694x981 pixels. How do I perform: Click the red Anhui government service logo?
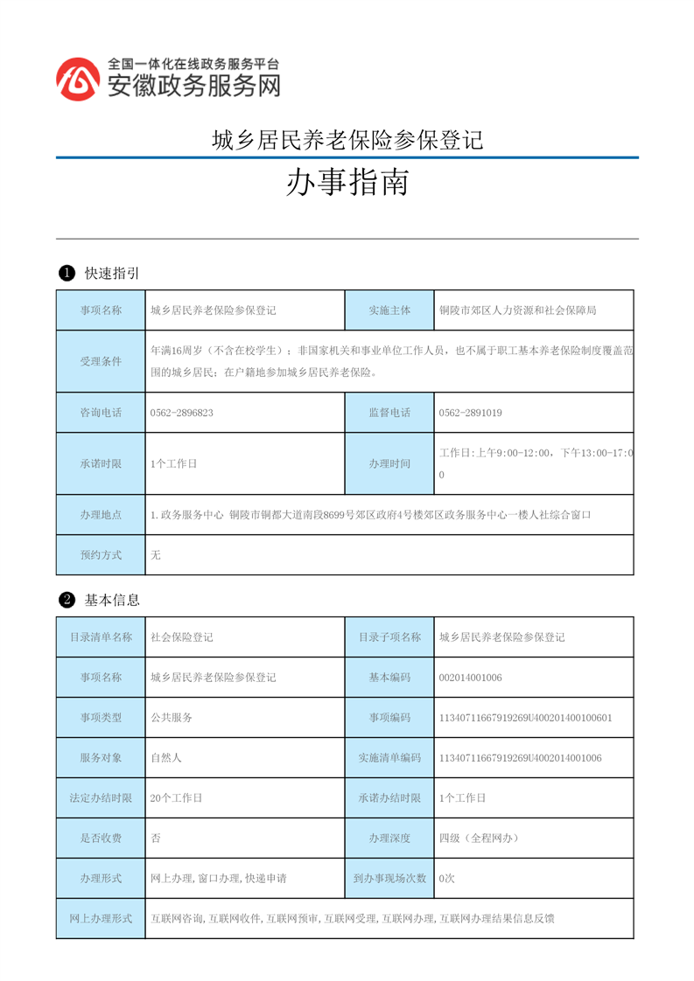[x=78, y=80]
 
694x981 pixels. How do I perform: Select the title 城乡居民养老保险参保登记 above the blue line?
[x=347, y=140]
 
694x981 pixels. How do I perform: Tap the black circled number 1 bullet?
[x=66, y=274]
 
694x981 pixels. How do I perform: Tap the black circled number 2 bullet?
[x=66, y=600]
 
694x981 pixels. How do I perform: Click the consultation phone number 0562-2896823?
[x=182, y=413]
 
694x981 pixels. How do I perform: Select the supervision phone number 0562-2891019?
[x=470, y=413]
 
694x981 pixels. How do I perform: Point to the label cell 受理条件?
[x=101, y=361]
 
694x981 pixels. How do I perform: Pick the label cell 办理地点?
[x=101, y=515]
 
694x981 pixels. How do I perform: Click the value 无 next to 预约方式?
[x=156, y=555]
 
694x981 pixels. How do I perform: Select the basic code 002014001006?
[x=470, y=678]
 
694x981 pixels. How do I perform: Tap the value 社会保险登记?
[x=182, y=637]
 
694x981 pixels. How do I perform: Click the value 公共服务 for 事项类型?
[x=172, y=718]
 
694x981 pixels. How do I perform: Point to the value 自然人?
[x=166, y=758]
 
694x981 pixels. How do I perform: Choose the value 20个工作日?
[x=177, y=798]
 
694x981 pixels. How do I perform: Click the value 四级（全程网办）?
[x=480, y=838]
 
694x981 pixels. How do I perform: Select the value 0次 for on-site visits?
[x=447, y=879]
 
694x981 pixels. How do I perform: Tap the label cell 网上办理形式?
[x=101, y=919]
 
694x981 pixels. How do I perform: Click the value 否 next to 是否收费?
[x=156, y=838]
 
